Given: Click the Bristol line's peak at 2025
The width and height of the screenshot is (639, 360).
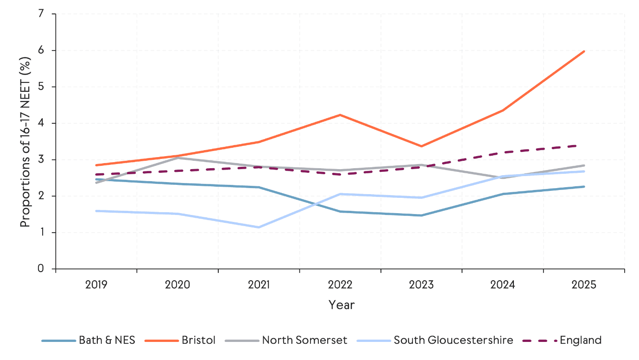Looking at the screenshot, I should [584, 51].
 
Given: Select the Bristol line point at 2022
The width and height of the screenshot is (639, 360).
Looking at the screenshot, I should [340, 115].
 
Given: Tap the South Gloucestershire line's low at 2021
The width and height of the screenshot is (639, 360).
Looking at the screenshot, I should [259, 227].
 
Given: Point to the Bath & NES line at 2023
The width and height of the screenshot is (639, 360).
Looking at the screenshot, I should [421, 215].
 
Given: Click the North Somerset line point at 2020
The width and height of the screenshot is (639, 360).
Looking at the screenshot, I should [177, 158].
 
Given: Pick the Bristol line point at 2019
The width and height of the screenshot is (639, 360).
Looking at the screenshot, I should [96, 165].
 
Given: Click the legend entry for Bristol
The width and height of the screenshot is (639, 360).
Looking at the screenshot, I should [181, 340].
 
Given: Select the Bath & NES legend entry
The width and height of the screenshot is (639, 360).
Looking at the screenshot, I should [89, 340].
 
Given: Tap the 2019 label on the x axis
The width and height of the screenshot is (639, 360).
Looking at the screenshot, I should [96, 284].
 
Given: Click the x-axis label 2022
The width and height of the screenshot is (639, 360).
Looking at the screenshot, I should [340, 284].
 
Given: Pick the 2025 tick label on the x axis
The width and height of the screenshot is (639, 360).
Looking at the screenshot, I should [584, 284].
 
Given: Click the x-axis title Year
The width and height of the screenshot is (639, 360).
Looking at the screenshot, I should [342, 304].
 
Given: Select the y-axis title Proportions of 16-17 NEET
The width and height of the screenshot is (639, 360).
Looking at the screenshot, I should [25, 141].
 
